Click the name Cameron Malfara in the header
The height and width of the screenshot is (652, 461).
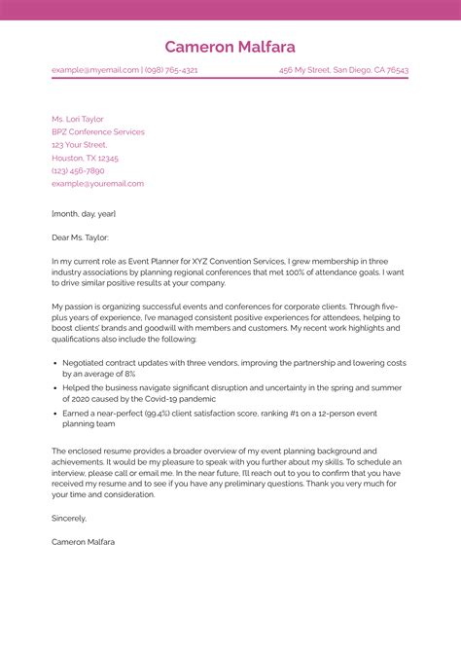(x=230, y=47)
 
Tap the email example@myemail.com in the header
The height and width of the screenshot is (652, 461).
(x=95, y=70)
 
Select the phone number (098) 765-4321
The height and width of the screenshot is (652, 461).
(x=171, y=70)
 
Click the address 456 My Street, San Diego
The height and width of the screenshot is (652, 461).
(x=343, y=70)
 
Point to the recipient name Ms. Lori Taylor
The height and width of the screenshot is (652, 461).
(x=78, y=119)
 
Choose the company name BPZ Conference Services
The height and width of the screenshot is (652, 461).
(x=98, y=131)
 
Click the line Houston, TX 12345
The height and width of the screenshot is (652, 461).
(x=86, y=158)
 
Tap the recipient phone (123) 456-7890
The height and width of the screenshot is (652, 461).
(x=78, y=170)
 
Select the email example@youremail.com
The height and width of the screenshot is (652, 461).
(x=97, y=183)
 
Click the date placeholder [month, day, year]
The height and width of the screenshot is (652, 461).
(x=84, y=212)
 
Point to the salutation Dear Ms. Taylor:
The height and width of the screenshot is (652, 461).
(x=81, y=236)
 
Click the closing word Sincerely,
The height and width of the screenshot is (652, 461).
(x=70, y=519)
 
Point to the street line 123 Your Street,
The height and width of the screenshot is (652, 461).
(x=79, y=144)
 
